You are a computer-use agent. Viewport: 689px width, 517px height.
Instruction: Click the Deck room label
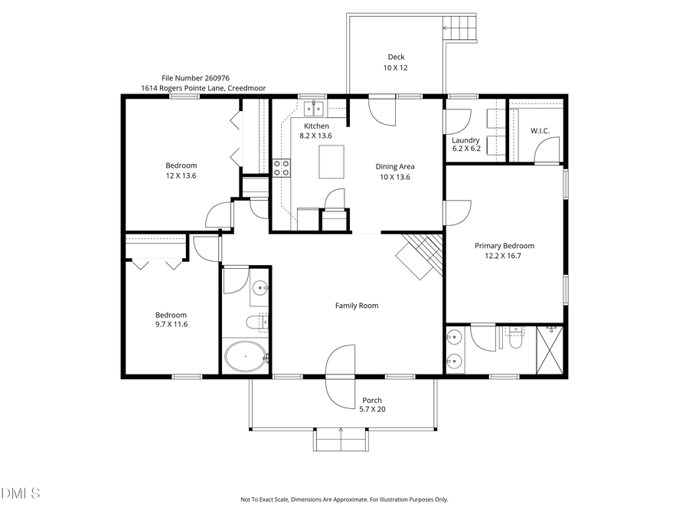(x=396, y=57)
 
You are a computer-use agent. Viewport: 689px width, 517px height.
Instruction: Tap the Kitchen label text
(x=316, y=126)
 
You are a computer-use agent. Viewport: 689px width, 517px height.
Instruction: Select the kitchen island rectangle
(x=331, y=162)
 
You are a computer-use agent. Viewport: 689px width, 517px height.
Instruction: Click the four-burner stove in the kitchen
(x=282, y=168)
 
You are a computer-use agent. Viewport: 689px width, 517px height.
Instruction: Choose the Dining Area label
(x=395, y=166)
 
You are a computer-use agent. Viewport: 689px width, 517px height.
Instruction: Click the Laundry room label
(x=465, y=140)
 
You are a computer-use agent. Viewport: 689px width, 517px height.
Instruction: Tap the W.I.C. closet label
(x=540, y=131)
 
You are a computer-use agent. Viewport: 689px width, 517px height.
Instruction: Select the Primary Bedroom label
(x=505, y=246)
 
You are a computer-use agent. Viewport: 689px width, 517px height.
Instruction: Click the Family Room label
(x=357, y=306)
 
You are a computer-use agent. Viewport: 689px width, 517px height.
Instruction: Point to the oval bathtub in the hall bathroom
(x=245, y=357)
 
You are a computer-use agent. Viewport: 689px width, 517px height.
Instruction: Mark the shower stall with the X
(x=549, y=350)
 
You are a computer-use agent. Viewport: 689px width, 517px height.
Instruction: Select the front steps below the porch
(x=341, y=439)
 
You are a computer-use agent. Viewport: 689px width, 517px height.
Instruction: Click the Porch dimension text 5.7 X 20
(x=372, y=410)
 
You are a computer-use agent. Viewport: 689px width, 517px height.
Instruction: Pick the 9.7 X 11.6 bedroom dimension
(x=171, y=325)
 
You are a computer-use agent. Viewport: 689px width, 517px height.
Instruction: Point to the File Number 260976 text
(x=195, y=78)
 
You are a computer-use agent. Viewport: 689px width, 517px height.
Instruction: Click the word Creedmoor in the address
(x=247, y=88)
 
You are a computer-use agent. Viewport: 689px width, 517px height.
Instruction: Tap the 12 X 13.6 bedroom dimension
(x=181, y=175)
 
